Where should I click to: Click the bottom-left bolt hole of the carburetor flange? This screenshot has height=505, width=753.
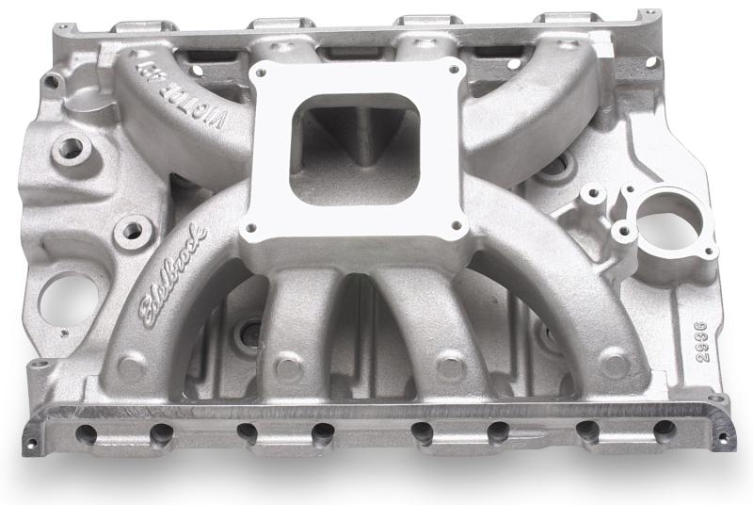pos(251,228)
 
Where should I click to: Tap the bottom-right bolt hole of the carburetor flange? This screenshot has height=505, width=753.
pos(457,226)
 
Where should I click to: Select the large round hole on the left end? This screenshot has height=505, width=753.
pos(69,299)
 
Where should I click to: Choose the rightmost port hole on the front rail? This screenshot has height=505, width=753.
pos(665,432)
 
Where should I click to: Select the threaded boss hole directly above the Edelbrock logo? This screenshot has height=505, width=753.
pos(132,229)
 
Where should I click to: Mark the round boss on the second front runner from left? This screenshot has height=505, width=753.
pos(285,365)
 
